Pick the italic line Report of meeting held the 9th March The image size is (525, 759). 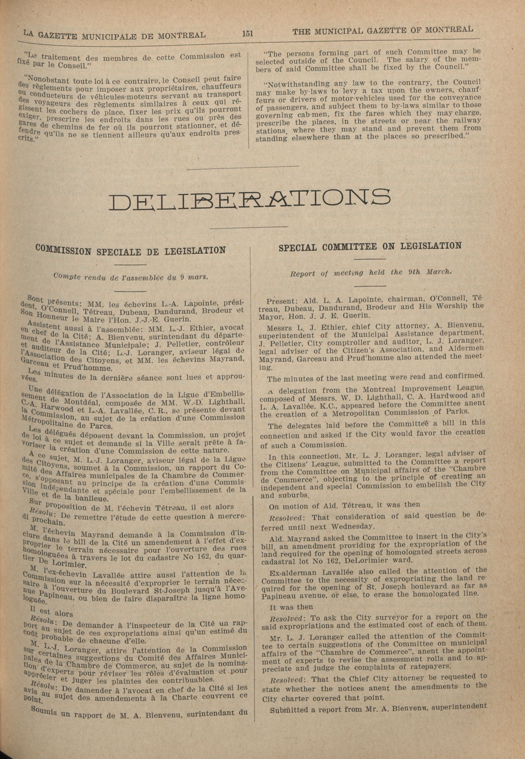[371, 273]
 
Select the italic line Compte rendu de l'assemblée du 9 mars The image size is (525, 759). [131, 277]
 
